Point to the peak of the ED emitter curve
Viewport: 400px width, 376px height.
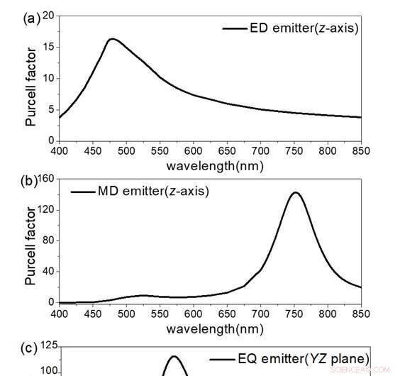click(x=112, y=39)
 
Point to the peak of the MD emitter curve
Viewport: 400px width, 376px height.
click(x=294, y=192)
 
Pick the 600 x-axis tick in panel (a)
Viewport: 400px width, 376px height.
click(x=194, y=151)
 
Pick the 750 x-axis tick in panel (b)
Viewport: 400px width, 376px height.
click(x=294, y=313)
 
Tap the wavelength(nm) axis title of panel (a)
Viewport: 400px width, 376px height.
click(x=214, y=166)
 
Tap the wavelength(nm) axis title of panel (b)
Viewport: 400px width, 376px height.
click(x=214, y=328)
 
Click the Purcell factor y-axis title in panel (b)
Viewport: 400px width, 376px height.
click(x=30, y=245)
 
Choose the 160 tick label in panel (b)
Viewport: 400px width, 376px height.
click(x=46, y=178)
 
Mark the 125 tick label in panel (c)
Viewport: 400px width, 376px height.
click(x=48, y=345)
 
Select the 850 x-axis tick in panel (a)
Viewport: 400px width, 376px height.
click(x=361, y=151)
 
